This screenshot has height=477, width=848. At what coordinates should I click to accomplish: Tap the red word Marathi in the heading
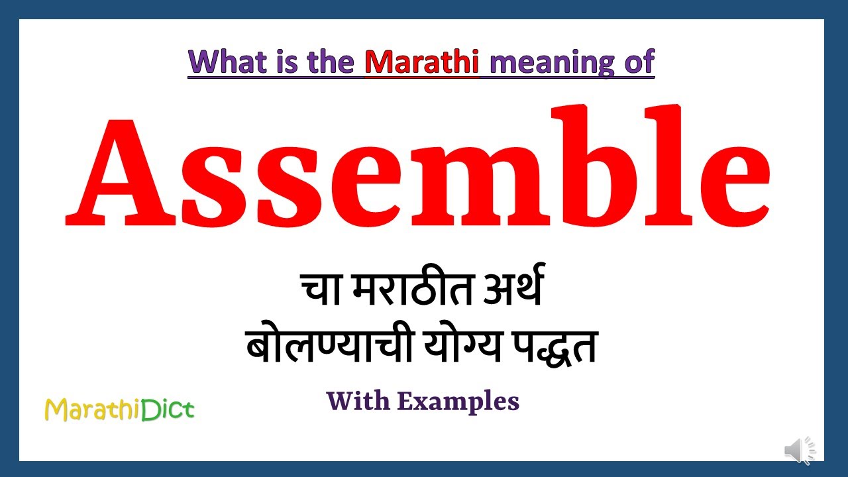(x=421, y=62)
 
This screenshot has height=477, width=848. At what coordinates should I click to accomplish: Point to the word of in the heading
(x=637, y=62)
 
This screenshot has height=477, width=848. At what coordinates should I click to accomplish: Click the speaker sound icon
(x=800, y=451)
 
